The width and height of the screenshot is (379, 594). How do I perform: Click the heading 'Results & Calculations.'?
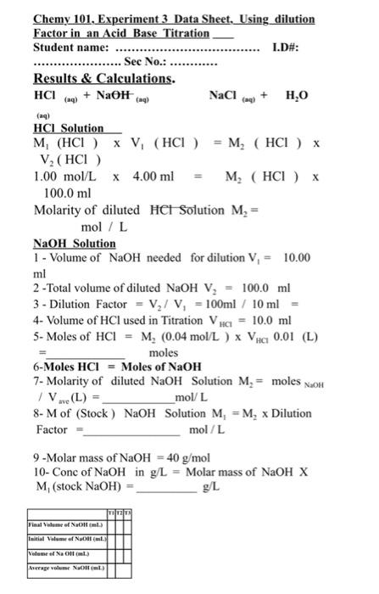coord(103,78)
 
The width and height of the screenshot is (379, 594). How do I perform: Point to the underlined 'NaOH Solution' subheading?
coord(74,242)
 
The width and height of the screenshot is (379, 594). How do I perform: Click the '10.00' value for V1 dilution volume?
coord(296,257)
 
